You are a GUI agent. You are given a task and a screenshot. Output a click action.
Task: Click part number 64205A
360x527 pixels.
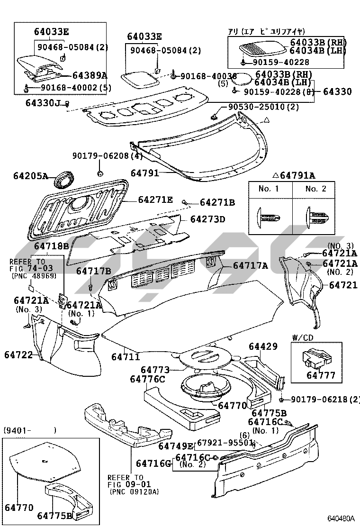tap(30, 176)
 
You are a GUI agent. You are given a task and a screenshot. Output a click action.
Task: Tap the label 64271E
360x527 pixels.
tap(155, 200)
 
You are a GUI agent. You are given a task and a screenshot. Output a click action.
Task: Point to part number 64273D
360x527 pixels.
tap(208, 219)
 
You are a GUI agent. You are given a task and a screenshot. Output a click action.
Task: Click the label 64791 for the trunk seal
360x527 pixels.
tap(144, 173)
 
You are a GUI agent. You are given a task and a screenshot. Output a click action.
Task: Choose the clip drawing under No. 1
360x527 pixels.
tap(268, 217)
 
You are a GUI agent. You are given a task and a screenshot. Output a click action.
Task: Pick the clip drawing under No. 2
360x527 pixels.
tap(315, 217)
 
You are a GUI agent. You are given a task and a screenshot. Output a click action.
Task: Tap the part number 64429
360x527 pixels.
tap(262, 347)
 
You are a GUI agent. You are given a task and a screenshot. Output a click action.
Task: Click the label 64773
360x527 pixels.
tap(155, 369)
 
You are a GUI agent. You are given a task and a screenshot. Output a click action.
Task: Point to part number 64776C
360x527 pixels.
tap(148, 379)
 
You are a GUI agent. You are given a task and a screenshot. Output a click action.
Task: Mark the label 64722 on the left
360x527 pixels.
tap(18, 354)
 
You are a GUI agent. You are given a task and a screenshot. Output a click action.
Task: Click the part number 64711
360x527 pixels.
tap(126, 356)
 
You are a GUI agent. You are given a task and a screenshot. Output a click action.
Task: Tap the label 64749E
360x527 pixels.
tap(176, 446)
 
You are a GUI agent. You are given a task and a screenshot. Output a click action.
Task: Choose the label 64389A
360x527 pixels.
tap(90, 75)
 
